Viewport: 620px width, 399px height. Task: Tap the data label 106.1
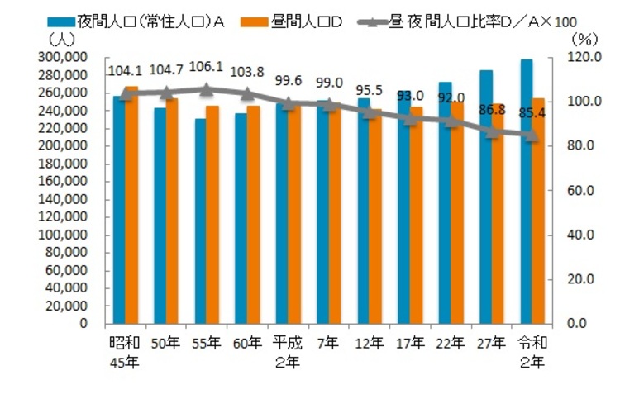(206, 69)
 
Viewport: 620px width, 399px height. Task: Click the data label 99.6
(287, 83)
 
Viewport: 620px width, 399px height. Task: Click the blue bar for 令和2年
(526, 191)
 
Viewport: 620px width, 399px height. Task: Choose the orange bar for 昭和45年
(131, 205)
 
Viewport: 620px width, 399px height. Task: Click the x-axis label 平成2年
(288, 350)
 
